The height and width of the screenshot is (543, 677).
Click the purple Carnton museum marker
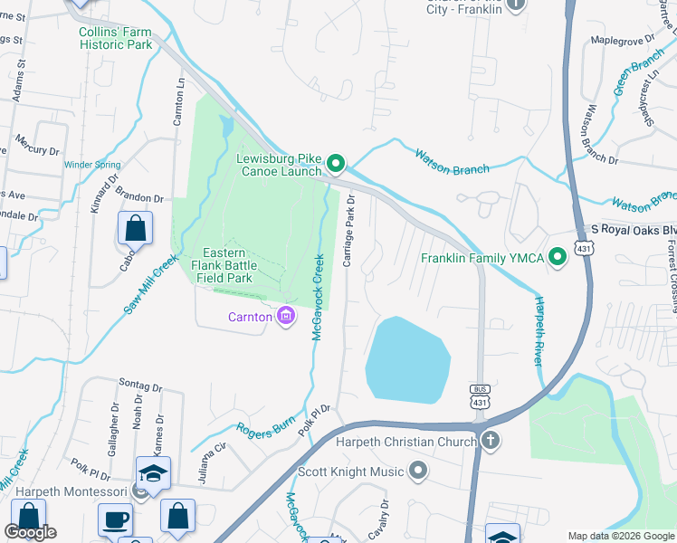286,317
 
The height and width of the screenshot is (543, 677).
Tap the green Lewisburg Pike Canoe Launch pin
336,164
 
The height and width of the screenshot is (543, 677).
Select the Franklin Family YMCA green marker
558,258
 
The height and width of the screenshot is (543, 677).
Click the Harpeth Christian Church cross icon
490,442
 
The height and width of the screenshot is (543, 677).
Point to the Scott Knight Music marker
417,471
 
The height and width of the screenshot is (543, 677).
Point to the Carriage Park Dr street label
348,231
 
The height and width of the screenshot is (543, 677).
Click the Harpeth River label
539,330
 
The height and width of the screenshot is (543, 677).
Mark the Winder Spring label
92,165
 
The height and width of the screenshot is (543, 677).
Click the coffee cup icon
115,519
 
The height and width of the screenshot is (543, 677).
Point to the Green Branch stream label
638,71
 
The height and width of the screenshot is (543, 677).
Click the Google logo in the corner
30,532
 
